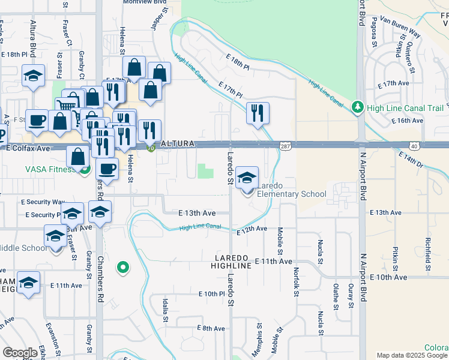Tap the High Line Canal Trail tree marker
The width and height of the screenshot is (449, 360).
pos(358,107)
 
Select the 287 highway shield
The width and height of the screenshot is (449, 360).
pos(285,145)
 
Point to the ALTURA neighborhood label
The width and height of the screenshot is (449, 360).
pos(177,144)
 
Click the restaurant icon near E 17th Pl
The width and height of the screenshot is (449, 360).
pos(258,113)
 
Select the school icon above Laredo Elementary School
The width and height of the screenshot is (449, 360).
pos(247,177)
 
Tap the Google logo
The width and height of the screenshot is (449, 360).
pos(20,353)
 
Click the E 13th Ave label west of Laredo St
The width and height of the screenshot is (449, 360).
pos(197,213)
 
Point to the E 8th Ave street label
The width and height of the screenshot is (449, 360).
pos(211,328)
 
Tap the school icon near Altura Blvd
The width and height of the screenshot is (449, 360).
pos(33,76)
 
